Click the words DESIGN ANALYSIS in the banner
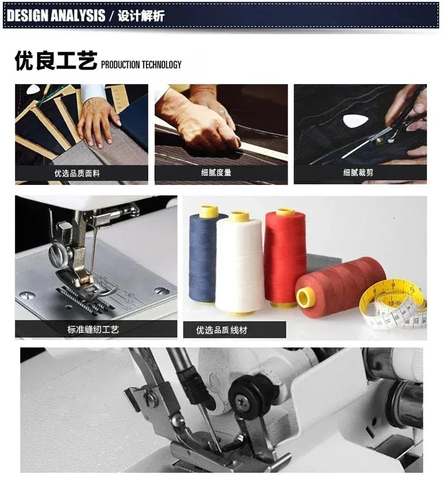(56, 16)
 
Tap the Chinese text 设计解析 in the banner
(141, 16)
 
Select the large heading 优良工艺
(56, 61)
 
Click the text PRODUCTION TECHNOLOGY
(141, 64)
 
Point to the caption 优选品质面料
(77, 173)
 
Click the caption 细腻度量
(216, 173)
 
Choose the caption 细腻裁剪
(358, 172)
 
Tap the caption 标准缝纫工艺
(93, 329)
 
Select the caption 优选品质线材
(222, 330)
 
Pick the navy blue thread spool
(204, 255)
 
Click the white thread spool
(240, 263)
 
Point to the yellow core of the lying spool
(304, 297)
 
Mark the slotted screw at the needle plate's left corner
(27, 296)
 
